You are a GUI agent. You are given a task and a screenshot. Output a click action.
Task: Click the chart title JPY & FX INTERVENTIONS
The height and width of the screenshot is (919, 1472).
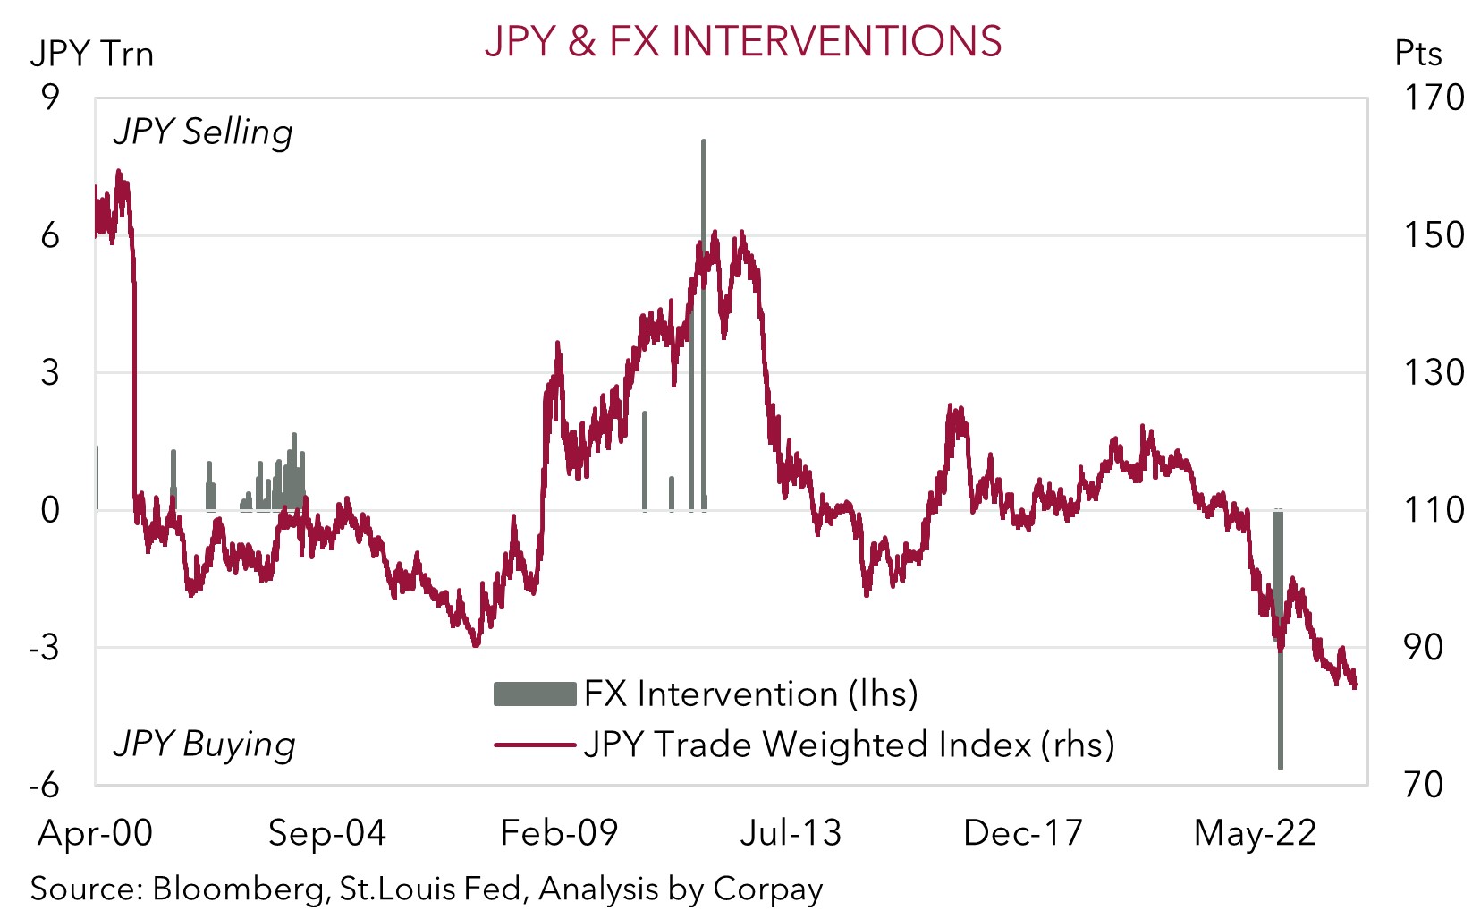coord(742,41)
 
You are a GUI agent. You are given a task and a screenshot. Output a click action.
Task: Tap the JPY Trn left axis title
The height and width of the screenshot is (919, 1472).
coord(91,55)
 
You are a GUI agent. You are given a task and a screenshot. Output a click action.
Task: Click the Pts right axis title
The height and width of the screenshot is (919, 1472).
coord(1417,54)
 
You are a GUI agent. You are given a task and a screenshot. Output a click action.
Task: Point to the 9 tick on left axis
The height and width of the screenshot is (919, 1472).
coord(50,98)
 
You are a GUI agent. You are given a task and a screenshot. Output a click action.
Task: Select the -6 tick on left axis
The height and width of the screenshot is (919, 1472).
coord(44,785)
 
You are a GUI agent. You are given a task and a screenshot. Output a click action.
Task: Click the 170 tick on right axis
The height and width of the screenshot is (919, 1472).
coord(1433,98)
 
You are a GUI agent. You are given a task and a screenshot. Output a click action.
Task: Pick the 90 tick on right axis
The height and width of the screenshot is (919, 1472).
coord(1422,647)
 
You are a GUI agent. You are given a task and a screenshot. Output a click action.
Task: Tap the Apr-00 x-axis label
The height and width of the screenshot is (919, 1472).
coord(95,833)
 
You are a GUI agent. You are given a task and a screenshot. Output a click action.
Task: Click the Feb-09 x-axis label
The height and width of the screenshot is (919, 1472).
coord(559,833)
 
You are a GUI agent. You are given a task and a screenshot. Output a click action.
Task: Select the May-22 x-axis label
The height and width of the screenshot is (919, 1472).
coord(1255,833)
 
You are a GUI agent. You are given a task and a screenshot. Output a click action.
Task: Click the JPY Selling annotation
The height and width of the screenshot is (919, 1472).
coord(203,132)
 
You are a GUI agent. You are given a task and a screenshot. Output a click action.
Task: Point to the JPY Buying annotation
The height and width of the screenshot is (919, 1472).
coord(204,745)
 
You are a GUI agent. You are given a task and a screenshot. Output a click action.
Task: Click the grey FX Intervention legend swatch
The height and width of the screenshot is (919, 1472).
coord(534,694)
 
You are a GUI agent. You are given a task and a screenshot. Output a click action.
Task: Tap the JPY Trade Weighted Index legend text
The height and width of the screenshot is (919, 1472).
coord(849,745)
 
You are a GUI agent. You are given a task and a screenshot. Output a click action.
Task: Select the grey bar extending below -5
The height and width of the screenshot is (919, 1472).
coord(1281,716)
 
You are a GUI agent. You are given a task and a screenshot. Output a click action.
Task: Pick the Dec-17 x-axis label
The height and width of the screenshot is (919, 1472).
coord(1022,833)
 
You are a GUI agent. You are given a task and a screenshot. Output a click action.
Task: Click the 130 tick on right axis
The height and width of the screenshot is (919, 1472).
coord(1433,372)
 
